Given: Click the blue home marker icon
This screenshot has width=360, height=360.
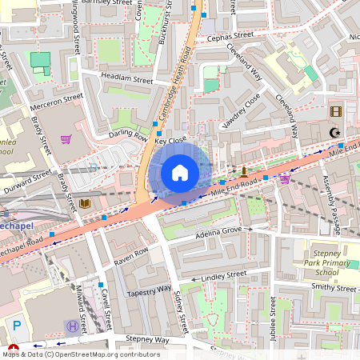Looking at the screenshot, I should coord(180,172).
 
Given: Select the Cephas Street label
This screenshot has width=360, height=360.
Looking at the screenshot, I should coord(230,37).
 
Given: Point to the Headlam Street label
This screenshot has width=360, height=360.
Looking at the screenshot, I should coord(126,79).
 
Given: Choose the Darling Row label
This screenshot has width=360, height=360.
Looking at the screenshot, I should coord(129,135).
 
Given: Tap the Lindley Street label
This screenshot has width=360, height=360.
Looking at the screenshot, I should coord(224,276).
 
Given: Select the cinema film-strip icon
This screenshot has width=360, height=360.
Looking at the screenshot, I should coord(335,111).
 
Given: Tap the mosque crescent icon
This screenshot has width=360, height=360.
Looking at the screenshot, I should coord(335,132).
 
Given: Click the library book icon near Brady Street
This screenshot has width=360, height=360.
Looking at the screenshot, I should coord(85,204).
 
